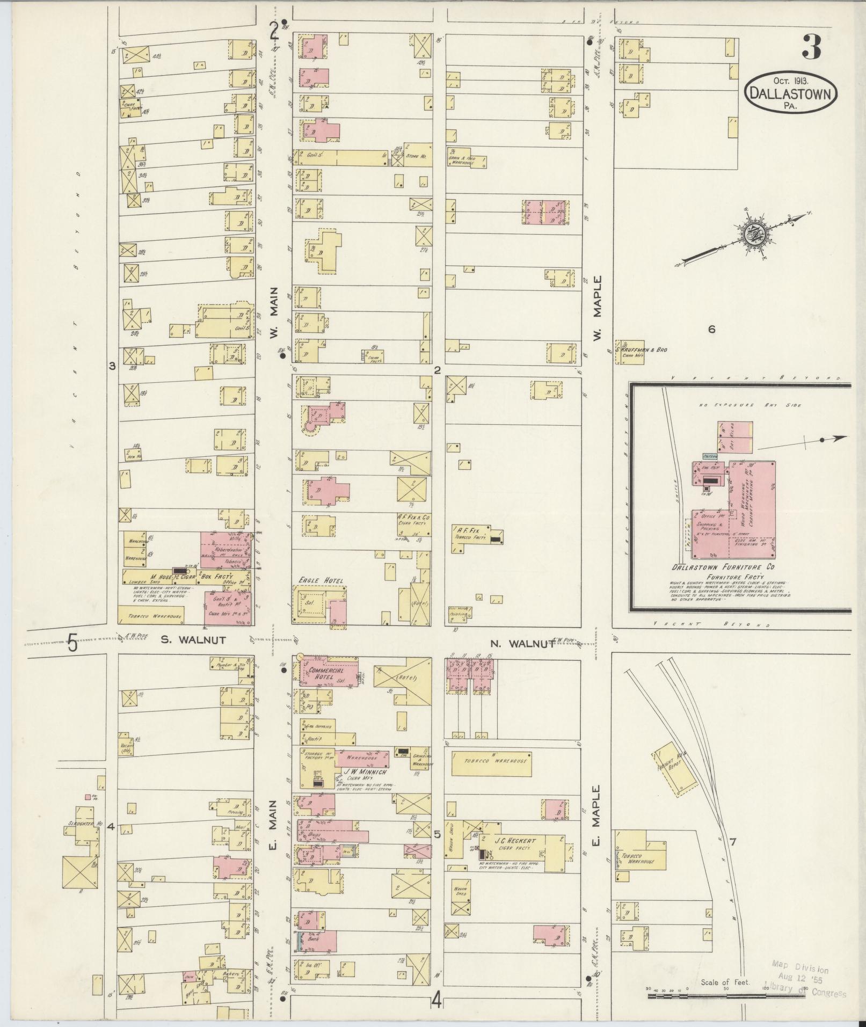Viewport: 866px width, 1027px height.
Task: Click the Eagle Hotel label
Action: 321,580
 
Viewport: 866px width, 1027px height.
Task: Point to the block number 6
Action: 711,330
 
